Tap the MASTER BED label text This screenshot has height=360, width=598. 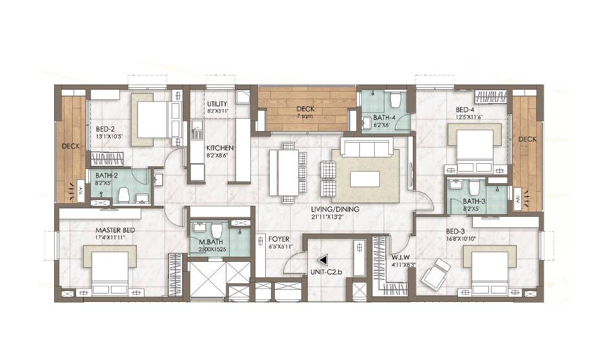click(115, 230)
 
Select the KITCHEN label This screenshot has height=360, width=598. click(220, 148)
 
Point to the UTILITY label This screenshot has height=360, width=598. click(217, 103)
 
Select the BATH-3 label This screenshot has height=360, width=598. click(473, 201)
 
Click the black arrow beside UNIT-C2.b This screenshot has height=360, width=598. click(323, 260)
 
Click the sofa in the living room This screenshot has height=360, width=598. click(366, 148)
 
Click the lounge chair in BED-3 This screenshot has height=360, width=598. click(435, 273)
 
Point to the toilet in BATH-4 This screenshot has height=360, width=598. click(395, 101)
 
